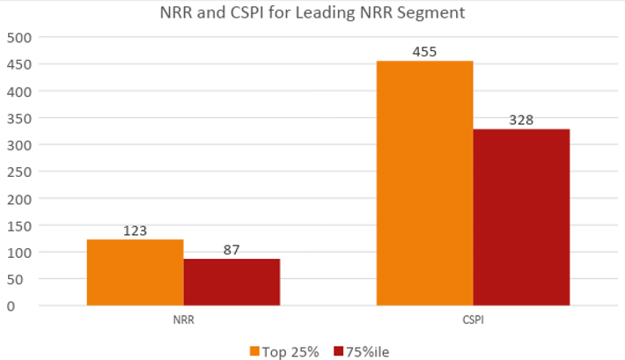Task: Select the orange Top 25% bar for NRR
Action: pyautogui.click(x=135, y=273)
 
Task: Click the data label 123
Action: pyautogui.click(x=135, y=231)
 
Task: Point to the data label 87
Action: pyautogui.click(x=232, y=250)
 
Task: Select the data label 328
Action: pyautogui.click(x=521, y=121)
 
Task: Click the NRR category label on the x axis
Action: pyautogui.click(x=183, y=320)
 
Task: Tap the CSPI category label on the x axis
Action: pyautogui.click(x=473, y=320)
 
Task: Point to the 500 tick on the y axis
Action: pyautogui.click(x=18, y=38)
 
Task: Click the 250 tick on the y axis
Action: pyautogui.click(x=18, y=172)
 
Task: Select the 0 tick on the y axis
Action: pyautogui.click(x=11, y=306)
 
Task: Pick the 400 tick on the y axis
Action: pyautogui.click(x=18, y=92)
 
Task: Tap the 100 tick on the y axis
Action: pyautogui.click(x=18, y=253)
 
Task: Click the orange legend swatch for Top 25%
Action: pyautogui.click(x=255, y=351)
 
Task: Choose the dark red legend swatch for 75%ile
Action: pyautogui.click(x=339, y=351)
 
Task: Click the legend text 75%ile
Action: pyautogui.click(x=368, y=351)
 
